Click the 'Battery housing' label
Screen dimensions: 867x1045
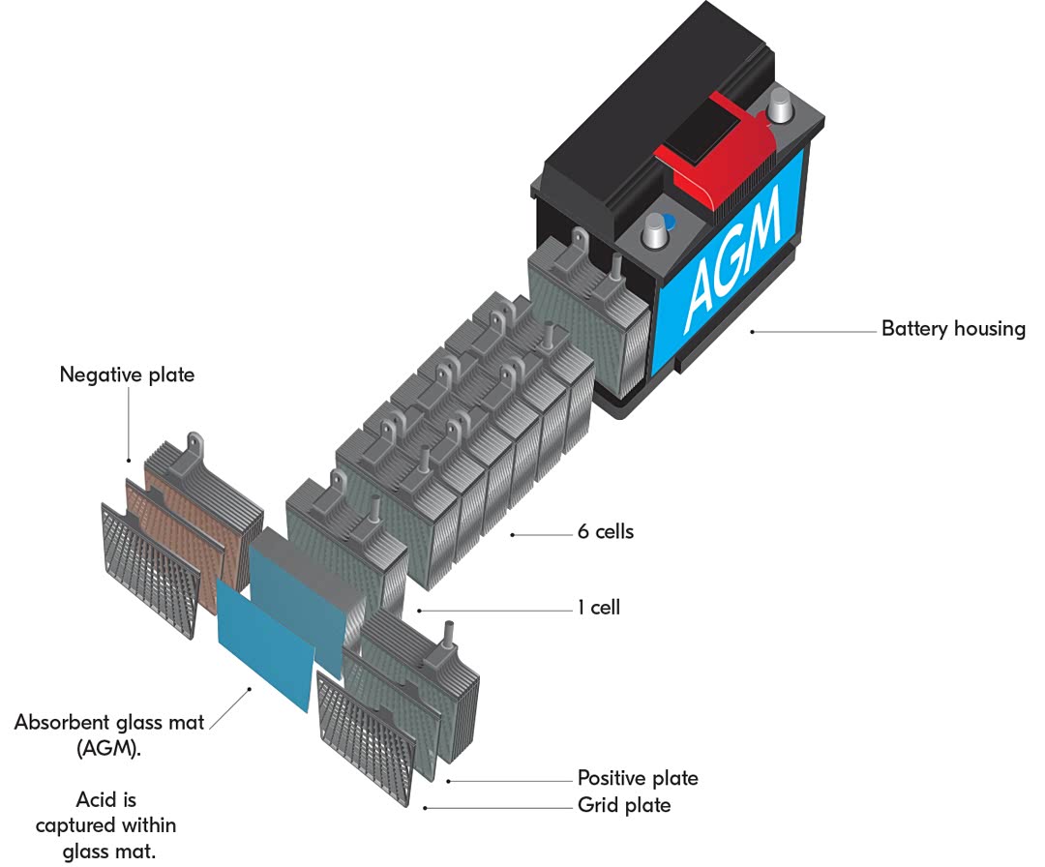click(x=952, y=329)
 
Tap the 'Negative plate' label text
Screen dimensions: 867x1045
click(x=127, y=374)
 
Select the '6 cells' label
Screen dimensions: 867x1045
click(x=606, y=531)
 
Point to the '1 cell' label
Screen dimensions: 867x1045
click(x=599, y=608)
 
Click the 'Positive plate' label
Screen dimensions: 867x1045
click(x=637, y=778)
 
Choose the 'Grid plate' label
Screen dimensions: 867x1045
click(x=623, y=805)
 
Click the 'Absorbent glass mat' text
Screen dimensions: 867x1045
click(x=109, y=723)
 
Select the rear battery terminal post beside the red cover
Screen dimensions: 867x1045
click(x=781, y=104)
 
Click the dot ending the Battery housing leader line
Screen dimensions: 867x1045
click(x=752, y=331)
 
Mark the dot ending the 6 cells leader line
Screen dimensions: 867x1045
click(x=514, y=533)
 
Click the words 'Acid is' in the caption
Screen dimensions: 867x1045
click(x=106, y=799)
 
